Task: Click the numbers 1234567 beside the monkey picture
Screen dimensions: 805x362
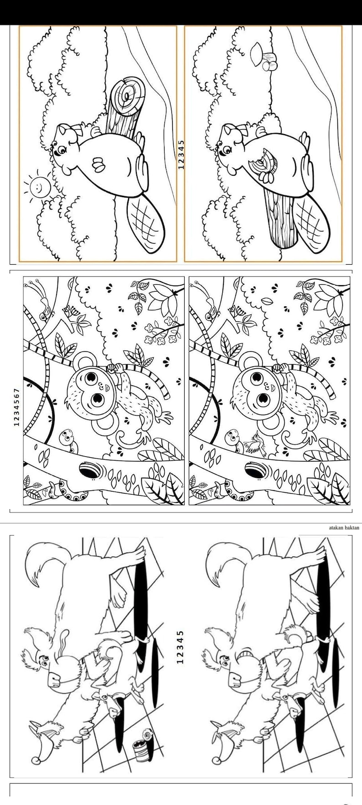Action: (17, 407)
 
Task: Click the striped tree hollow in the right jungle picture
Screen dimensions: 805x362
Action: (255, 470)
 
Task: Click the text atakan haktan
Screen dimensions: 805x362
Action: (344, 528)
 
